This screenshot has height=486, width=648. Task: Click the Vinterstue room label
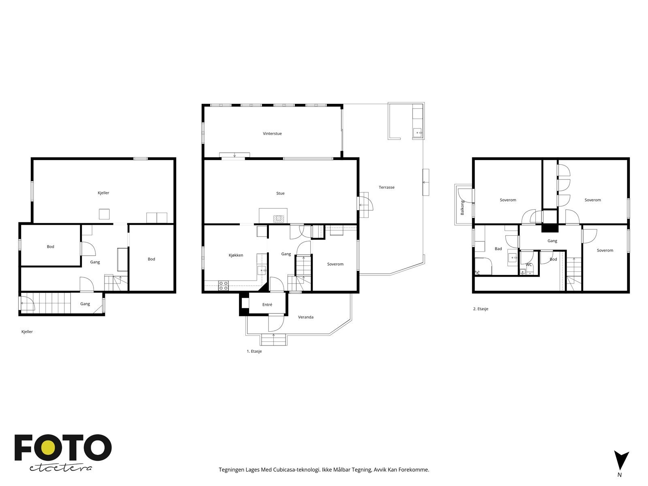tap(272, 134)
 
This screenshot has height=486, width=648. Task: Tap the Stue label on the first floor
tap(280, 194)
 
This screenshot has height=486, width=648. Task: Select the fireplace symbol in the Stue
tap(279, 219)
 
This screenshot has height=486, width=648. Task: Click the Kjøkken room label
tap(236, 255)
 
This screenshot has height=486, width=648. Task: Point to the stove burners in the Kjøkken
tap(224, 286)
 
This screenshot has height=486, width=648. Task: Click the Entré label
tap(267, 305)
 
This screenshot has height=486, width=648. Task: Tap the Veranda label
tap(306, 317)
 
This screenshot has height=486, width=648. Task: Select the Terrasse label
tap(386, 188)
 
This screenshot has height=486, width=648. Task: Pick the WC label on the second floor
tap(529, 265)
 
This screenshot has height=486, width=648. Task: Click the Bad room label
tap(498, 249)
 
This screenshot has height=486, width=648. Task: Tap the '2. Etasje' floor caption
tap(481, 309)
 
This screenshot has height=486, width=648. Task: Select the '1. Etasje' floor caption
tap(254, 352)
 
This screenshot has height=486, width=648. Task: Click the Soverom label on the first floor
tap(335, 264)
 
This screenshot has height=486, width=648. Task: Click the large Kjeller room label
tap(103, 193)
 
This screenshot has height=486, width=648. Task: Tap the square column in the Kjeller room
tap(104, 214)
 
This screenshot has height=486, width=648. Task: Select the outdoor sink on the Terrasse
tap(417, 132)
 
